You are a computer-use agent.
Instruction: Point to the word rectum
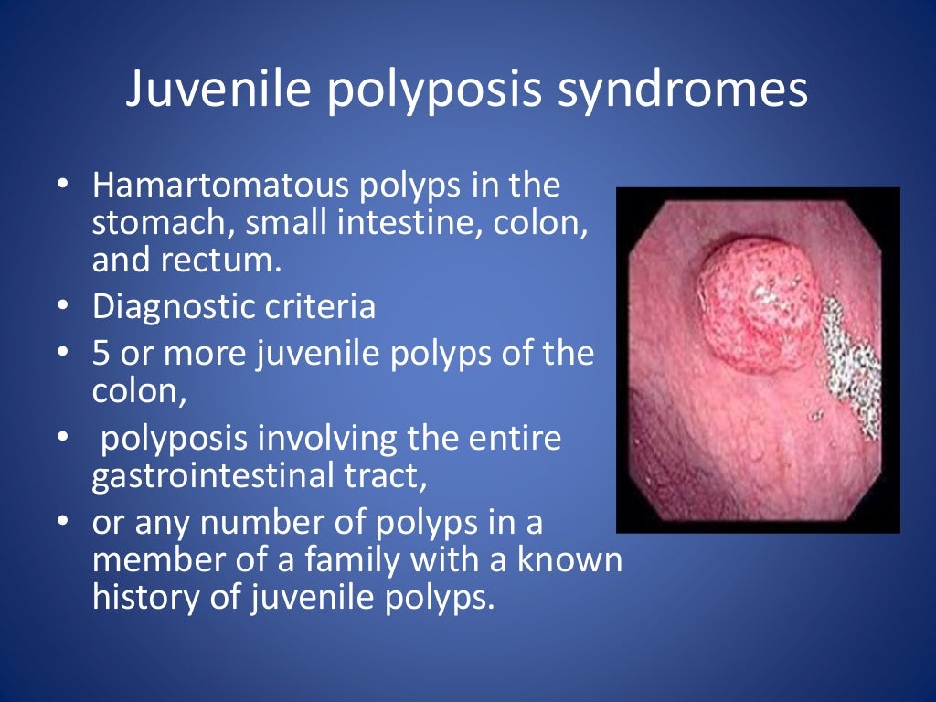pyautogui.click(x=223, y=261)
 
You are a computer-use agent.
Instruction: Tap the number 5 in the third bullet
pyautogui.click(x=101, y=354)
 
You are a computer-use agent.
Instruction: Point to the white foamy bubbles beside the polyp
pyautogui.click(x=849, y=356)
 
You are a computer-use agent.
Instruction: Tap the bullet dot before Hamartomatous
pyautogui.click(x=62, y=185)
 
